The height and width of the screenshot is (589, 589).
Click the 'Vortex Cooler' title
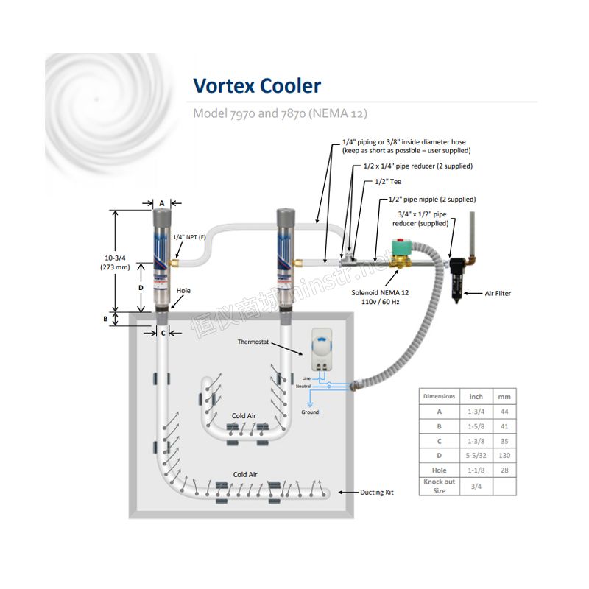pyautogui.click(x=257, y=85)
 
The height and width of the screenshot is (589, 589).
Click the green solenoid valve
pyautogui.click(x=401, y=253)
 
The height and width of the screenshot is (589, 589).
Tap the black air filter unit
pyautogui.click(x=458, y=279)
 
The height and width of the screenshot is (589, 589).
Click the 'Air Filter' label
pyautogui.click(x=498, y=293)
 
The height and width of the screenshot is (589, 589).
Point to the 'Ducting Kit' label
pyautogui.click(x=377, y=492)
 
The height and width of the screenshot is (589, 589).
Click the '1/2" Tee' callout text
pyautogui.click(x=388, y=182)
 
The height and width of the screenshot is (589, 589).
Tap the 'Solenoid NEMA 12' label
pyautogui.click(x=380, y=292)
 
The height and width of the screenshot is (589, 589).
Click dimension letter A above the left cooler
pyautogui.click(x=162, y=203)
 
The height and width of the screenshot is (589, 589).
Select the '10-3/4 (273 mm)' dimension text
pyautogui.click(x=115, y=263)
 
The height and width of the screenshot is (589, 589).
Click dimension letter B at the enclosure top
pyautogui.click(x=105, y=319)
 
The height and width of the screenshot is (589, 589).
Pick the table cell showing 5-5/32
pyautogui.click(x=476, y=456)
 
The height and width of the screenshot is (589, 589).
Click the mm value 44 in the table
pyautogui.click(x=504, y=412)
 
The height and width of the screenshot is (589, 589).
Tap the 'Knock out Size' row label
pyautogui.click(x=439, y=486)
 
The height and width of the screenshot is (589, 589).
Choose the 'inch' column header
pyautogui.click(x=476, y=397)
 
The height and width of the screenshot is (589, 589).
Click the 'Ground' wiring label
pyautogui.click(x=310, y=412)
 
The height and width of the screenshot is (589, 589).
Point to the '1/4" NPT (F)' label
pyautogui.click(x=189, y=237)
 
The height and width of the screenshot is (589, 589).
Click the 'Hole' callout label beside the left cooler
pyautogui.click(x=183, y=291)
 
